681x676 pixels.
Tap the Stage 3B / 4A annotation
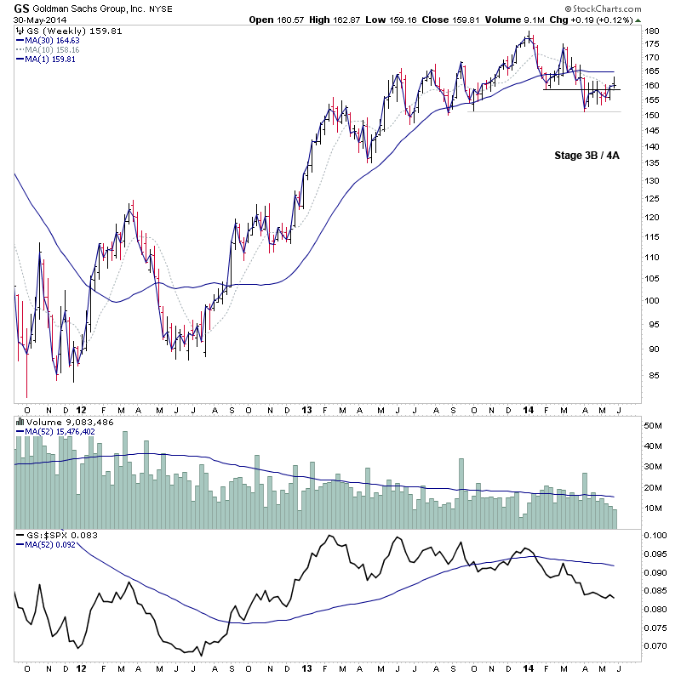click(586, 156)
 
